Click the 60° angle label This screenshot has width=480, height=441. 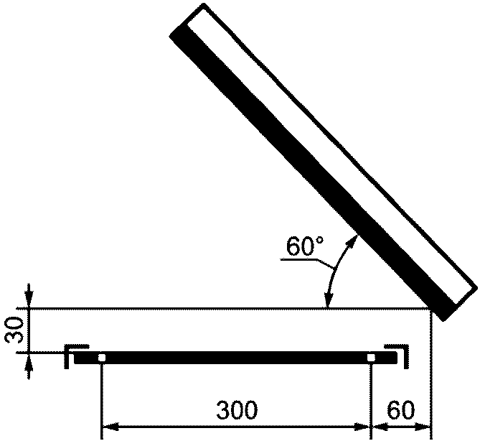coord(305,246)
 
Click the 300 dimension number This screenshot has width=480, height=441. coord(237,409)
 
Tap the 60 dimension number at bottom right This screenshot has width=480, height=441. coord(400,409)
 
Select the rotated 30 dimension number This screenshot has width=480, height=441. coord(14,330)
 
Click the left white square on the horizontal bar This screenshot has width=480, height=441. coord(102,358)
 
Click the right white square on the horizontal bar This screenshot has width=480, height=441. coord(371,358)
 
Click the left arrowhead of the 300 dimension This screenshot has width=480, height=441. coord(110,427)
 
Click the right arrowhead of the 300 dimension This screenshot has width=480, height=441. coord(362,427)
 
